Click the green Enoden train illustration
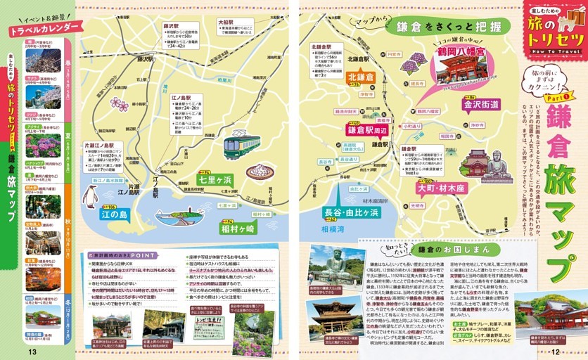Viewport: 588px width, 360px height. click(x=241, y=146)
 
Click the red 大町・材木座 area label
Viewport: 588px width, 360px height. click(x=442, y=188)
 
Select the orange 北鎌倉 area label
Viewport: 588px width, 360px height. click(x=361, y=77)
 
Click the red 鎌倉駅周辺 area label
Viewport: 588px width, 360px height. click(x=367, y=130)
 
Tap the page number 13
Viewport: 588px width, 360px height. click(x=32, y=352)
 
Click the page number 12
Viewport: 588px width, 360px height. click(x=555, y=352)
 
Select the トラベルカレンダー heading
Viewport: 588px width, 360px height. click(x=44, y=28)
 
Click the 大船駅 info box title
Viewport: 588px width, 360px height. click(x=225, y=22)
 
